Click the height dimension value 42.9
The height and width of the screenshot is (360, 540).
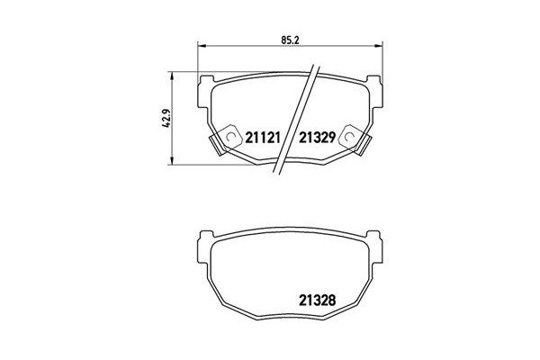click(165, 118)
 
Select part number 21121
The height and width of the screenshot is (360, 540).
click(264, 138)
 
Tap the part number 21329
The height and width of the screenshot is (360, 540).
click(317, 138)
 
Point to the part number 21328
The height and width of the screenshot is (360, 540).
click(317, 300)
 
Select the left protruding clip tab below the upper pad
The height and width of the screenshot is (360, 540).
click(216, 144)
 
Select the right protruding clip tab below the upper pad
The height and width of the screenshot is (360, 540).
click(367, 144)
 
